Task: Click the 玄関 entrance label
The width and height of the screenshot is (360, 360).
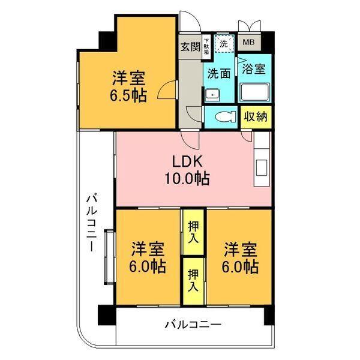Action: click(x=190, y=47)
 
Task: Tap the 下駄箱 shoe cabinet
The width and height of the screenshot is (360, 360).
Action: click(x=207, y=47)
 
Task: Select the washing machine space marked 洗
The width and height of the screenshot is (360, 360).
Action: click(x=224, y=43)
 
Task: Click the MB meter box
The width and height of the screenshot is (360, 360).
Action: click(x=248, y=42)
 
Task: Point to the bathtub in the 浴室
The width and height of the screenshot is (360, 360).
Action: click(x=255, y=92)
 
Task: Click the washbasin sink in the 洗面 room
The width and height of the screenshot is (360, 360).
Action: click(x=212, y=95)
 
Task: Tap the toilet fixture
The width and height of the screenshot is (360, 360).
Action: click(x=226, y=116)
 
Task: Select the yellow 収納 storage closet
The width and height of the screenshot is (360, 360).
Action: click(x=256, y=117)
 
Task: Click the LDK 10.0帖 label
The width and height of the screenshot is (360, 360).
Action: click(x=187, y=170)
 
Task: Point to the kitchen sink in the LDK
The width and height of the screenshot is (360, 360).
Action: click(x=261, y=168)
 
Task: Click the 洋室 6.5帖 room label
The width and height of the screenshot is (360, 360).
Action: click(x=128, y=87)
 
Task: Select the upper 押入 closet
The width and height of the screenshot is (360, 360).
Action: click(x=193, y=232)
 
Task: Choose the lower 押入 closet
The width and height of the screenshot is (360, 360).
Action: click(x=193, y=281)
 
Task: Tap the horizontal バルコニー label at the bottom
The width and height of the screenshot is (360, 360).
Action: click(x=193, y=325)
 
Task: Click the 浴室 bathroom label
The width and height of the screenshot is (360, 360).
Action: click(x=254, y=68)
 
